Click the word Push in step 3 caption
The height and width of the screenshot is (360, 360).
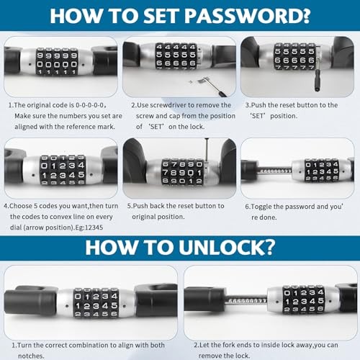point(259,106)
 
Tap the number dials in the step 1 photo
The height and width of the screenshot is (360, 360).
point(57,63)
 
